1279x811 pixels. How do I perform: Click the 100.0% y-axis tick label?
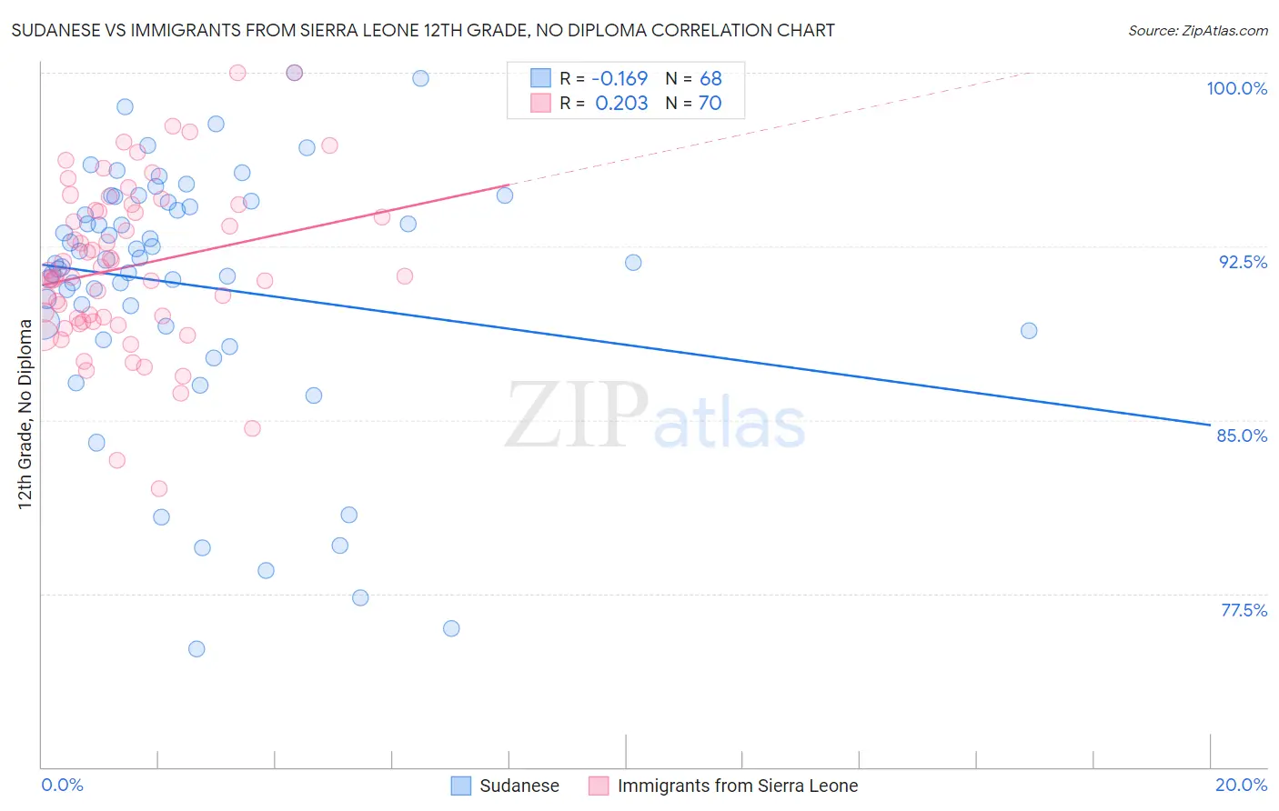[1236, 88]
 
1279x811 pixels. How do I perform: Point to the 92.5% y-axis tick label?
[1243, 262]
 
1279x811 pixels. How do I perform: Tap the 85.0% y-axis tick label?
[1242, 436]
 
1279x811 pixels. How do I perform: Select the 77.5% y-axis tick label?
[1244, 610]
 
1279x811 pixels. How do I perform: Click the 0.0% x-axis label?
[62, 785]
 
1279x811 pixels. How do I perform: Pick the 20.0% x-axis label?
[1241, 785]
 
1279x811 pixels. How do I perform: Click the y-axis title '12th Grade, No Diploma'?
[25, 414]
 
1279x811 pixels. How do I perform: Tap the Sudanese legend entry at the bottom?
[505, 786]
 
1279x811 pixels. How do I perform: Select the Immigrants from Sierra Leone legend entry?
[723, 786]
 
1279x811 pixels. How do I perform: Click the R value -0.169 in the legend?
[619, 78]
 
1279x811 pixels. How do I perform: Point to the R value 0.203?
[621, 103]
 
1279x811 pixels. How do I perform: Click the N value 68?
[710, 78]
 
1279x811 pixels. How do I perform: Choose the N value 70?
[710, 103]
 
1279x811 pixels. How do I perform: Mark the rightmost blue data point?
[1029, 331]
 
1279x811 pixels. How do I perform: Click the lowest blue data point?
[196, 649]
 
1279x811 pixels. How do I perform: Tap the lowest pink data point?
[159, 489]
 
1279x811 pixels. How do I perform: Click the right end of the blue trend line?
[1210, 425]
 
